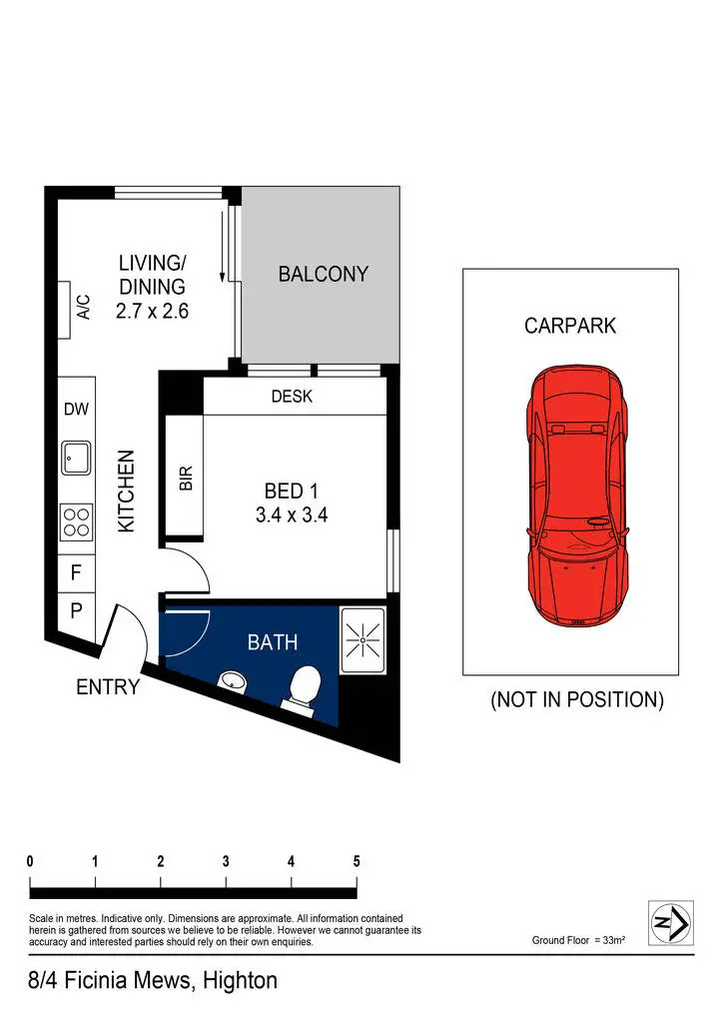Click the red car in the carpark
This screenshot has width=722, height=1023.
pos(578,497)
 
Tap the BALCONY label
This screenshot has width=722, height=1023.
pos(323,274)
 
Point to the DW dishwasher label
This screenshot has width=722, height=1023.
pos(76,409)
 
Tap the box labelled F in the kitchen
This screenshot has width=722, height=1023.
pos(76,573)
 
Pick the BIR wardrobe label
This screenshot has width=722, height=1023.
pos(185,478)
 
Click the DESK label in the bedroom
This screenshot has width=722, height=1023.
pos(292,397)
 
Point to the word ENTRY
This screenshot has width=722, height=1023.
pos(108,688)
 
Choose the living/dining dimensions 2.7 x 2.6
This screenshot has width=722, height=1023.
pos(152,311)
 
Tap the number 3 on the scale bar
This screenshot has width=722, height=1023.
pos(226,861)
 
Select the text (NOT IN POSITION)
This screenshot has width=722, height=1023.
pos(576,700)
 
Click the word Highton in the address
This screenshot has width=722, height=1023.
pos(240,981)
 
